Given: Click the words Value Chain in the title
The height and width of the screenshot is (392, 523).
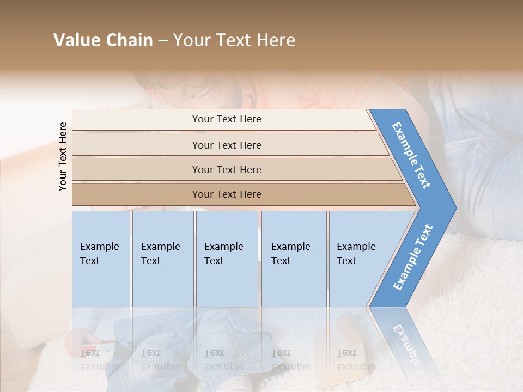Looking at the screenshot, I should click(x=103, y=40).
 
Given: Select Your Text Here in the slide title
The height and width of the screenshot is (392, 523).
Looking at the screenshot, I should click(x=234, y=40).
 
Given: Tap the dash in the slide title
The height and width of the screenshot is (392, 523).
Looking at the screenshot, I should click(x=163, y=41).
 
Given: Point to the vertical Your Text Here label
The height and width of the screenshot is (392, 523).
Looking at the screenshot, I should click(x=63, y=156).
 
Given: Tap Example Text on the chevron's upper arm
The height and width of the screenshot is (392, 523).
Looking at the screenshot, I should click(x=411, y=155).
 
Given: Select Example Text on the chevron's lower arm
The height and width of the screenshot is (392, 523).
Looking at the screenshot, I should click(x=413, y=257).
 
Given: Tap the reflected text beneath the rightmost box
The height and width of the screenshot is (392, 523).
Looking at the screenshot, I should click(x=356, y=360).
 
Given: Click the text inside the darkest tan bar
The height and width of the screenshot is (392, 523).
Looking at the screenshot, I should click(x=227, y=194).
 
